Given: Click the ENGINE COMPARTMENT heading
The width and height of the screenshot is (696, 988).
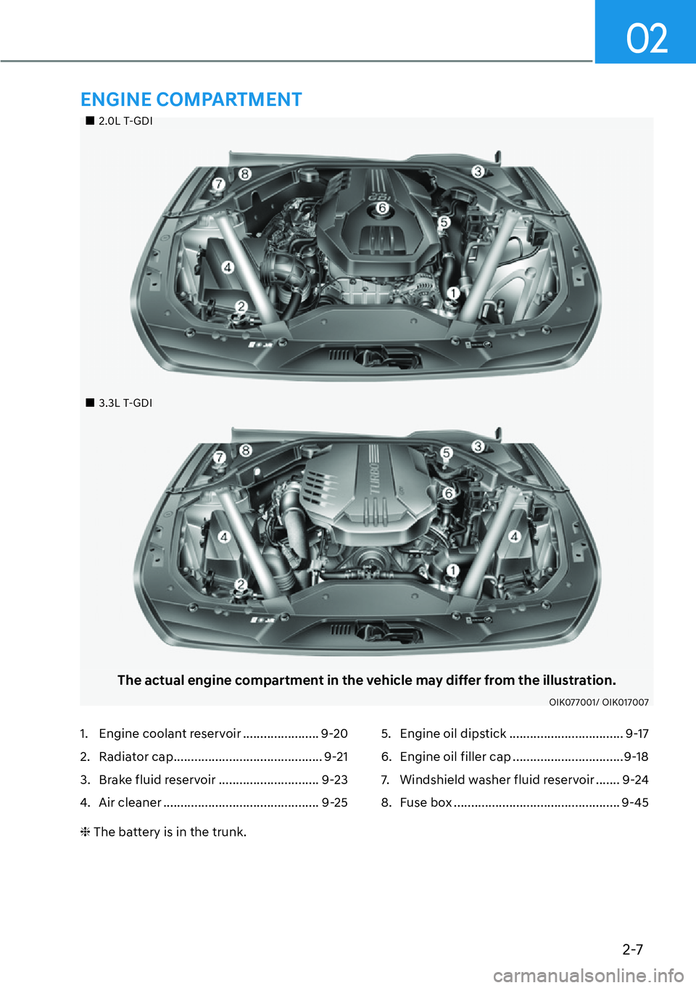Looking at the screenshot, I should click(x=191, y=99).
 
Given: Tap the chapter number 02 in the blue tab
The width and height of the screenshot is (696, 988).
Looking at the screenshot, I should click(x=647, y=38).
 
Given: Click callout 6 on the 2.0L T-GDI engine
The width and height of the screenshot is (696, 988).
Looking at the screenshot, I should click(x=383, y=208).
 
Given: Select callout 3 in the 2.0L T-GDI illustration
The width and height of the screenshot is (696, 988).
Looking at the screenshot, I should click(x=478, y=171).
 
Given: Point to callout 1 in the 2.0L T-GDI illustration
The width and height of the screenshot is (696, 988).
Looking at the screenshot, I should click(x=453, y=293).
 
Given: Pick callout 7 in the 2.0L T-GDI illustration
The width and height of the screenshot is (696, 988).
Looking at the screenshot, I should click(x=217, y=184).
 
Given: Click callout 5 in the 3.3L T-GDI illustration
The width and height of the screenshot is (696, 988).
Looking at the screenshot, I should click(x=447, y=453).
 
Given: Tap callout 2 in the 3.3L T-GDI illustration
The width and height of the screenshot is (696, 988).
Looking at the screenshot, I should click(x=241, y=584).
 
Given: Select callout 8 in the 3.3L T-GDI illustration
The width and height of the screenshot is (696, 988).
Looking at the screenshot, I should click(x=246, y=450).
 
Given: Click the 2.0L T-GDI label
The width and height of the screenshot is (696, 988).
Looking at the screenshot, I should click(x=125, y=121).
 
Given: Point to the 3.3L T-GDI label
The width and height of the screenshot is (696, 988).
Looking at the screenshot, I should click(x=125, y=403).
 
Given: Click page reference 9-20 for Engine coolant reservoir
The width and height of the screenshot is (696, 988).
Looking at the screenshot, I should click(x=334, y=733).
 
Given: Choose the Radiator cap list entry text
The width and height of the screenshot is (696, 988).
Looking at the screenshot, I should click(x=136, y=757).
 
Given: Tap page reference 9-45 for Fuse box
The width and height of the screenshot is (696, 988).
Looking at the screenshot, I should click(x=635, y=802).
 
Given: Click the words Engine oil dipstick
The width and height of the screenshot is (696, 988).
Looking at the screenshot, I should click(x=453, y=733).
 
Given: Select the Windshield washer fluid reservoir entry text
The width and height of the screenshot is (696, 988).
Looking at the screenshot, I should click(x=497, y=780).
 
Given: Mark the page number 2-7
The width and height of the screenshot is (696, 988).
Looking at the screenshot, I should click(x=632, y=949).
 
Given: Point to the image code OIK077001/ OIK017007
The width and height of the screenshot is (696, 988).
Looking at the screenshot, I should click(x=598, y=702).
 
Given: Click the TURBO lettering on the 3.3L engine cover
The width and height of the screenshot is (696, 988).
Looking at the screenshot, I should click(x=375, y=479).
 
